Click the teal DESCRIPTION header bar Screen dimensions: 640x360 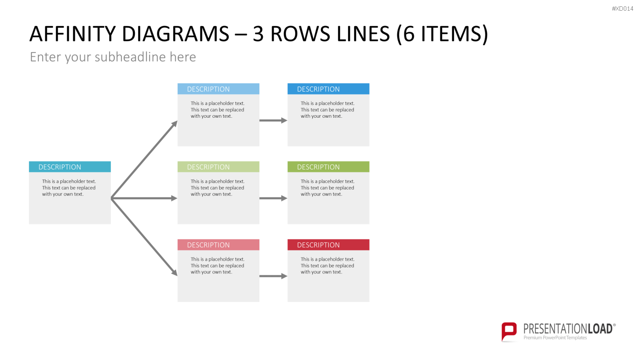point(70,167)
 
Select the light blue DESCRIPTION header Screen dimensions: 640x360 point(218,89)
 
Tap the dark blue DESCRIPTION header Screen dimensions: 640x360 point(328,89)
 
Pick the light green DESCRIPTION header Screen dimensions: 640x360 point(218,167)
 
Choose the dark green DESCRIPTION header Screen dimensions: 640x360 point(328,167)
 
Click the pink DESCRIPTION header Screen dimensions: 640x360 point(218,245)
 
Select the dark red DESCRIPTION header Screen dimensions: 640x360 point(328,245)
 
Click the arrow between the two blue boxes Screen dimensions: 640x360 point(273,120)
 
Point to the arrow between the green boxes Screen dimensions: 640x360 point(273,198)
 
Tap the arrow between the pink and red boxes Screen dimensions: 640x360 point(273,276)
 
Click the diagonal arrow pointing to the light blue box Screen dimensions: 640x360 point(144,159)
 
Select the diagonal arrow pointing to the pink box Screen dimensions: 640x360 point(144,237)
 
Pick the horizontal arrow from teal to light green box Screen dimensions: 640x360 point(144,198)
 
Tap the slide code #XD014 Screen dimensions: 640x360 point(623,9)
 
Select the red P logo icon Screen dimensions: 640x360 point(509,332)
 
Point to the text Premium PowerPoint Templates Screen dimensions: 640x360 point(555,338)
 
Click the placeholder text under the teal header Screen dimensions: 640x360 point(69,188)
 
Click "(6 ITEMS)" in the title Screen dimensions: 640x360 point(442,34)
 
